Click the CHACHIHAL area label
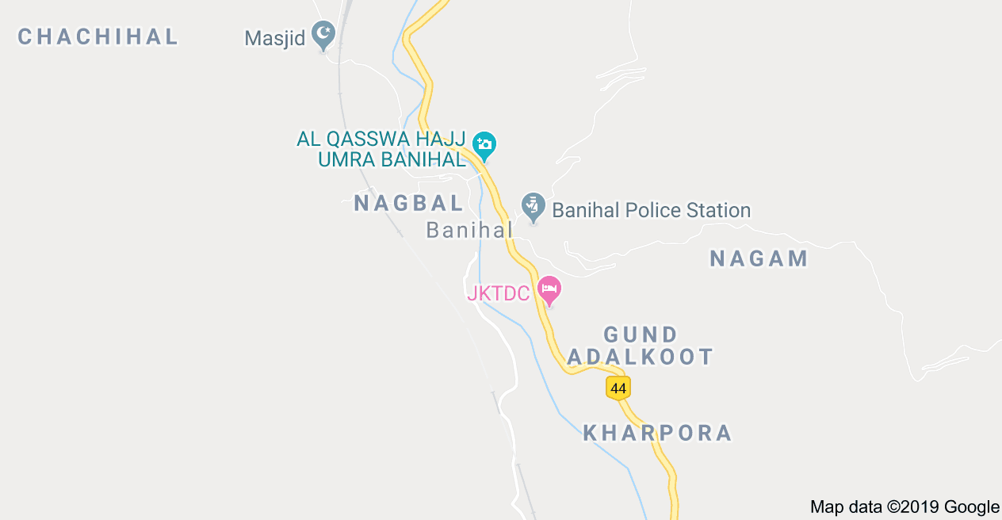(x=98, y=36)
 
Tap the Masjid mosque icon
(x=323, y=34)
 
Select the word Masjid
(x=274, y=38)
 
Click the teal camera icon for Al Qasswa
(x=484, y=144)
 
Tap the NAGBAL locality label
(x=408, y=203)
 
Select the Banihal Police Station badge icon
(x=533, y=207)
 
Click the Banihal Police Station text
(x=651, y=210)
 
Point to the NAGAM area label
(x=759, y=258)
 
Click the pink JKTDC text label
(x=498, y=293)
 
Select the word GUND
(x=641, y=335)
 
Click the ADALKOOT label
(x=641, y=357)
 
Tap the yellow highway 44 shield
(x=618, y=388)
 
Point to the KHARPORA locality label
(x=657, y=433)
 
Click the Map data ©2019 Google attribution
(x=904, y=507)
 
